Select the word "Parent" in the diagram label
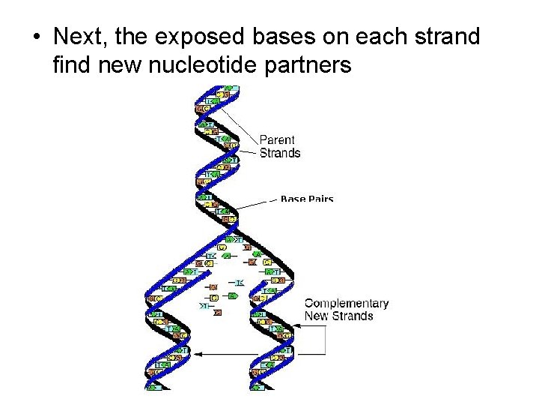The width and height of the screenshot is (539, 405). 277,139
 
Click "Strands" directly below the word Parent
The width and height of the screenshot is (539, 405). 280,153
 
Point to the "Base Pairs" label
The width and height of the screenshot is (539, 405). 307,199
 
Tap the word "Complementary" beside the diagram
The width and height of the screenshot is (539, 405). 347,304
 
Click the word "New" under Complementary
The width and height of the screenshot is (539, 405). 317,316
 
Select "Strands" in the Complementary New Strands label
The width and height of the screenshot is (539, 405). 352,316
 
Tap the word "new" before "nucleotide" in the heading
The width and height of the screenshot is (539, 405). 120,65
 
